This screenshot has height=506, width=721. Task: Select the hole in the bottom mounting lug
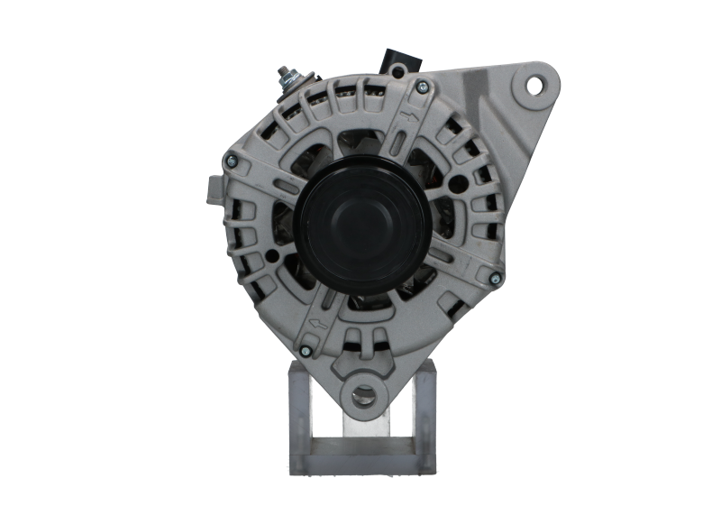[363, 392]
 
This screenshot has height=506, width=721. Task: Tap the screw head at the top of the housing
[417, 87]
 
